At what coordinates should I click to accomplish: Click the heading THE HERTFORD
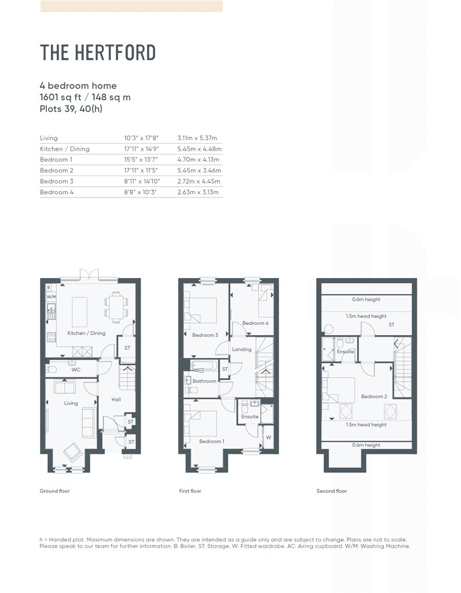(x=98, y=53)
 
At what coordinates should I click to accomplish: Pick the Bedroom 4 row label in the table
(x=57, y=192)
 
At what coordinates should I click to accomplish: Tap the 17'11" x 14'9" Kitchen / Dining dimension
(x=141, y=149)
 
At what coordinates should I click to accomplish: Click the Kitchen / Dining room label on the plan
(x=86, y=334)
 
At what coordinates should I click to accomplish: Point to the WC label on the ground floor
(x=75, y=369)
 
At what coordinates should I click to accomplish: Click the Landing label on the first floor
(x=242, y=349)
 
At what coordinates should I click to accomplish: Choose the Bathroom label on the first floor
(x=204, y=381)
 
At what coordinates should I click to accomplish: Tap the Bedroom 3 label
(x=204, y=335)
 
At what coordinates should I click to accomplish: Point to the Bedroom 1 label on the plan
(x=211, y=441)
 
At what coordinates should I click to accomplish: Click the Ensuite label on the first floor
(x=250, y=416)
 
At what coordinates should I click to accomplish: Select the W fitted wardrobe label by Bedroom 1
(x=268, y=438)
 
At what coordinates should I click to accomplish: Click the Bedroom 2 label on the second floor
(x=374, y=397)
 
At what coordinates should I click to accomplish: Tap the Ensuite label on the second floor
(x=345, y=352)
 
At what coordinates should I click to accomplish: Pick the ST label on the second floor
(x=392, y=325)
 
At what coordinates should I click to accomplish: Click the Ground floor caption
(x=54, y=491)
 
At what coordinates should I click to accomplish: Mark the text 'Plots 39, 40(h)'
(x=71, y=108)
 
